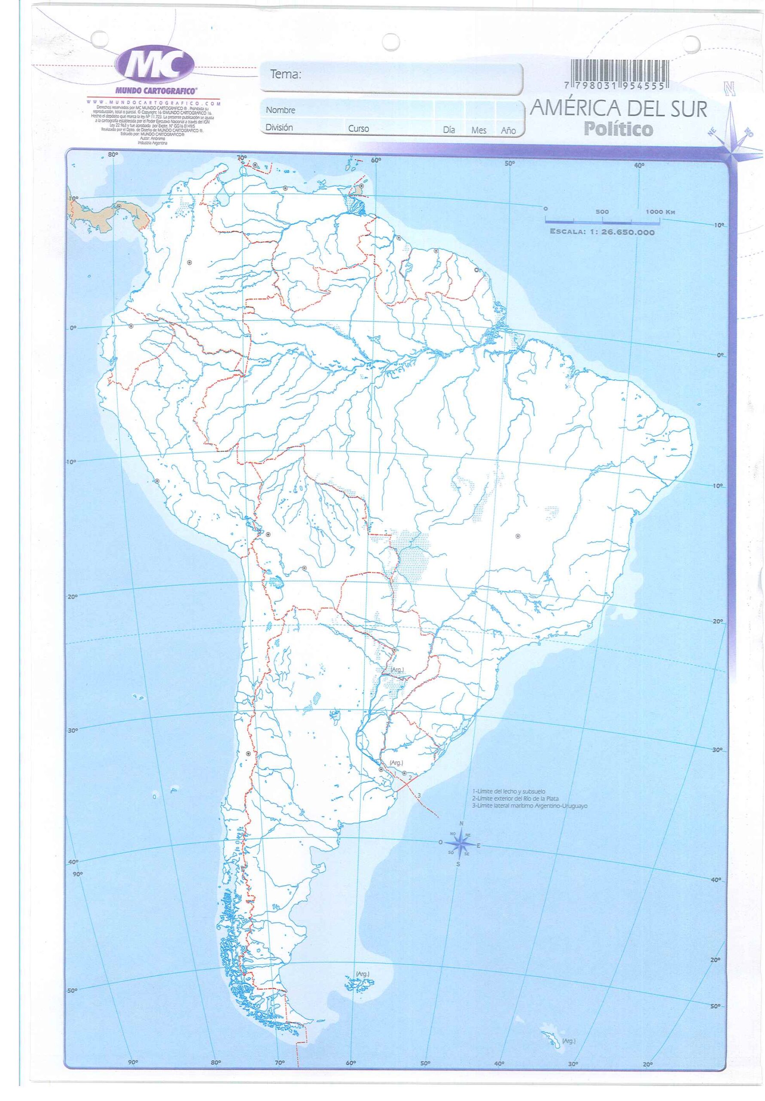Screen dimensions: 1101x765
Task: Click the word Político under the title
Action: pyautogui.click(x=618, y=129)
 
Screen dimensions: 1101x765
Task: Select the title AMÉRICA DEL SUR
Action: pyautogui.click(x=618, y=109)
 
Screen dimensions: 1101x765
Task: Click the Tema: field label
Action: pyautogui.click(x=286, y=74)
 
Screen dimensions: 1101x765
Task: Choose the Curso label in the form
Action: pyautogui.click(x=358, y=129)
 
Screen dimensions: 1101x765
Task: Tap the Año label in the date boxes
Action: pyautogui.click(x=508, y=130)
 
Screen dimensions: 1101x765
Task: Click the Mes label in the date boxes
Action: pyautogui.click(x=479, y=130)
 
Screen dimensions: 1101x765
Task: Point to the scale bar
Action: pyautogui.click(x=602, y=221)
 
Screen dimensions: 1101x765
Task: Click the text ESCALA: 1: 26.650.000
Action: pyautogui.click(x=602, y=233)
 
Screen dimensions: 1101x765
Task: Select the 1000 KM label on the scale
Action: pyautogui.click(x=660, y=212)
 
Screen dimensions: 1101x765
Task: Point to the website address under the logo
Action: pyautogui.click(x=154, y=103)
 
